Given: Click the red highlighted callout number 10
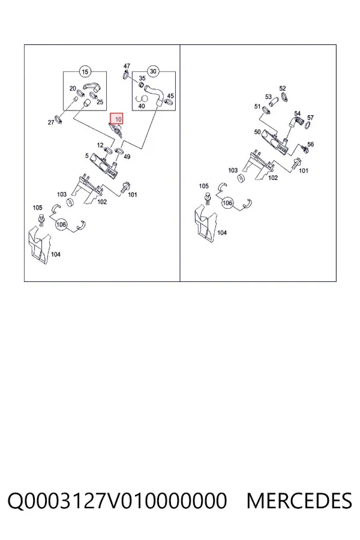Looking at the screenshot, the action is coord(116,119).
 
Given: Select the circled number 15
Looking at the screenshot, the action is coord(85,71).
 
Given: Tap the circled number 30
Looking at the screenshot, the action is coord(154,71).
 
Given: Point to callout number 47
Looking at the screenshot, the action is coord(127,66).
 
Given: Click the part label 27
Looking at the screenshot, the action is coord(51,122).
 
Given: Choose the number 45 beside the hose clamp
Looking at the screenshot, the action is coord(170,96).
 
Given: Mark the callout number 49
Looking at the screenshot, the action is coord(127,157).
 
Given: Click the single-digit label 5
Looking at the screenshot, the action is coord(87,155).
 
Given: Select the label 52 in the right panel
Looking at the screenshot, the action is coord(283,89).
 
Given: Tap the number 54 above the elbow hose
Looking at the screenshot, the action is coord(298,113).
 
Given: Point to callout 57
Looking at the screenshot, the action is coord(310,118).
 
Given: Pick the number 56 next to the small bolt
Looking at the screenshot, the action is coord(310,144).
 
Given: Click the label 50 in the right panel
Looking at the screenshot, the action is coord(257,132).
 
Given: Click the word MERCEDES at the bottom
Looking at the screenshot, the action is coord(299,501).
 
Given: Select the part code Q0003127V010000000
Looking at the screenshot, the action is coord(117,501).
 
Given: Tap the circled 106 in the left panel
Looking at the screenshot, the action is coord(61,224).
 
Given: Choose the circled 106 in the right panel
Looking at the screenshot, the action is coord(227,203).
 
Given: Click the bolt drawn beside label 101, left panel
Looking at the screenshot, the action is coord(124,187).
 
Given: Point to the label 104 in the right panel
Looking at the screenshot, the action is coord(222,233).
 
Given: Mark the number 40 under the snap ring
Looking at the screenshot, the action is coord(141,106).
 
